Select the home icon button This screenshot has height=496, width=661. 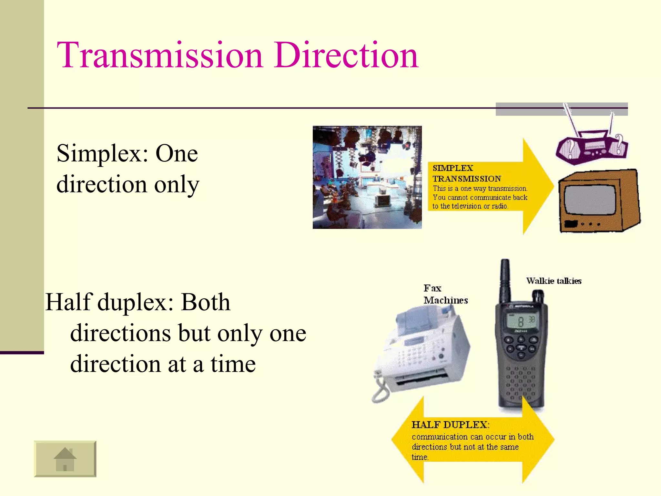(65, 459)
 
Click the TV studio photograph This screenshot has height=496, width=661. (367, 177)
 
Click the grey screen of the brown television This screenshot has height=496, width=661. (590, 200)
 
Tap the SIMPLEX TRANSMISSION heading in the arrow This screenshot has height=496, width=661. (466, 173)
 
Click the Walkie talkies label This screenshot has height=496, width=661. (554, 281)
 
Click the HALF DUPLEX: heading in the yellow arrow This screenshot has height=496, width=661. (450, 425)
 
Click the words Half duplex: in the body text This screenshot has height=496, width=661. (110, 302)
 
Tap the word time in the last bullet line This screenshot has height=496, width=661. (233, 364)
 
